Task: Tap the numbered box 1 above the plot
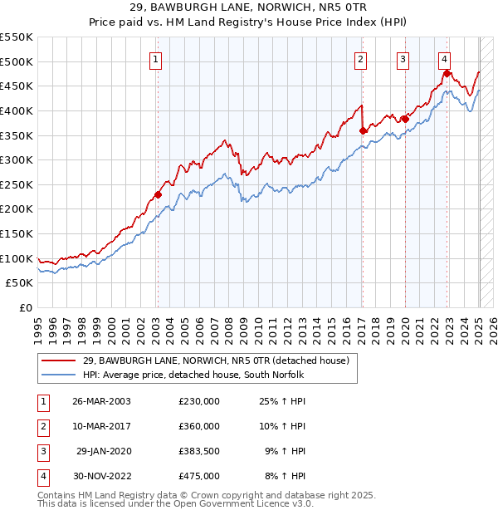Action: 157,59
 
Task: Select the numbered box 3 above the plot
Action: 403,59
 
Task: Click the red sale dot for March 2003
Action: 157,195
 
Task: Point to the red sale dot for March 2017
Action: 363,130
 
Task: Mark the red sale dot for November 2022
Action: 447,74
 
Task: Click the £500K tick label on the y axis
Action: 17,61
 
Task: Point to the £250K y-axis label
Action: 17,184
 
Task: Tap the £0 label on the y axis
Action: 25,307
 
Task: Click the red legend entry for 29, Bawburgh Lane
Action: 216,360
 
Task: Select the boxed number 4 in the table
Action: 41,476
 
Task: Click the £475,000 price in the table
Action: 199,476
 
